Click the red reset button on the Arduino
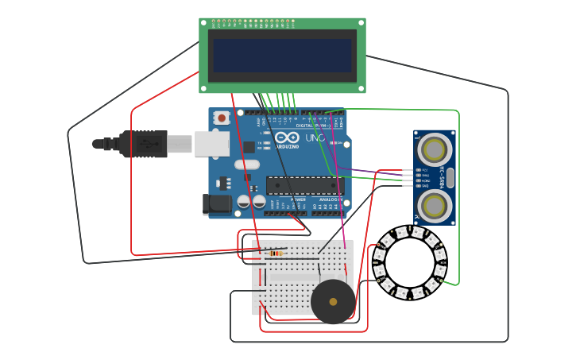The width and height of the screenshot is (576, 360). pyautogui.click(x=222, y=118)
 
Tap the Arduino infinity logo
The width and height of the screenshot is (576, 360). pyautogui.click(x=287, y=138)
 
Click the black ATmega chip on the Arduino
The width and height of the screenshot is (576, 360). pyautogui.click(x=304, y=185)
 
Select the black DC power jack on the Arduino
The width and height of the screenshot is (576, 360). pyautogui.click(x=215, y=204)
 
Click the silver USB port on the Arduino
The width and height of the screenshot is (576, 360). pyautogui.click(x=212, y=144)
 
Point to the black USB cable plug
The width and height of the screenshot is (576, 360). pyautogui.click(x=143, y=144)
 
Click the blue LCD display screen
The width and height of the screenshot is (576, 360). pyautogui.click(x=282, y=56)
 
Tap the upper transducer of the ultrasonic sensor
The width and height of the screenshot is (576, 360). pyautogui.click(x=434, y=149)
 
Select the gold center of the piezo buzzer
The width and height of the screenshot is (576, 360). pyautogui.click(x=333, y=302)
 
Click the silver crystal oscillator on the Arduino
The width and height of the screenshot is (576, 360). pyautogui.click(x=246, y=165)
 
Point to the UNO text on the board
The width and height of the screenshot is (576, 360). pyautogui.click(x=315, y=138)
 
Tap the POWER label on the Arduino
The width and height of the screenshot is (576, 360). pyautogui.click(x=298, y=199)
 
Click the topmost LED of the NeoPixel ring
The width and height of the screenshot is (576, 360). pyautogui.click(x=410, y=232)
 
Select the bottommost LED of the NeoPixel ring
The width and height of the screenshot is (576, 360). pyautogui.click(x=410, y=294)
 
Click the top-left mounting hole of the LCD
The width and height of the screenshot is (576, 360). pyautogui.click(x=203, y=22)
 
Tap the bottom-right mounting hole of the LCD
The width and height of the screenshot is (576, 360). pyautogui.click(x=361, y=89)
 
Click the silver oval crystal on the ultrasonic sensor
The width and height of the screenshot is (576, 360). pyautogui.click(x=450, y=177)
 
